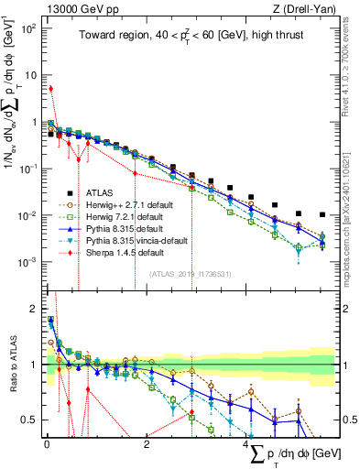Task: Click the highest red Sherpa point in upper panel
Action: (50, 89)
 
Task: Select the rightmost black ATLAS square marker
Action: (322, 215)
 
